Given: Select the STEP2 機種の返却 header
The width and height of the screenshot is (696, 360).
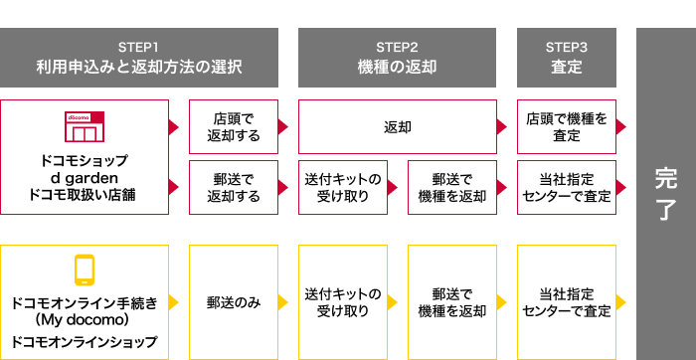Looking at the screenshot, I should pos(397,58).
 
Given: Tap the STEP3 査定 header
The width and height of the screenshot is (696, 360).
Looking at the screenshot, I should pos(567,58).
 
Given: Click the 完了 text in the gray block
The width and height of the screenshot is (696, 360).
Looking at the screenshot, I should pos(665,194).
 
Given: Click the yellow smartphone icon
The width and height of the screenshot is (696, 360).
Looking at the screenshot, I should pos(85,270).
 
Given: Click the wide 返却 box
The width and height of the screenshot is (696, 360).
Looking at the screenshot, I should pos(398,126).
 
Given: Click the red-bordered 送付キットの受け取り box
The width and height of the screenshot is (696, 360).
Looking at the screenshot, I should pos(343,187).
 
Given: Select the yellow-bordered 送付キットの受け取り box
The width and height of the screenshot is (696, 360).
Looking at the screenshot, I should pos(343,301).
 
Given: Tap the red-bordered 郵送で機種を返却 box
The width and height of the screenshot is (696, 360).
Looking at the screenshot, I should pos(452,187).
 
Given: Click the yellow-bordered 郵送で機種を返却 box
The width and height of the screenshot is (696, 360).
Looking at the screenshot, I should pos(452,301).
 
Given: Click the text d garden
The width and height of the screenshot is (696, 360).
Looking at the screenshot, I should pos(85,178).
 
